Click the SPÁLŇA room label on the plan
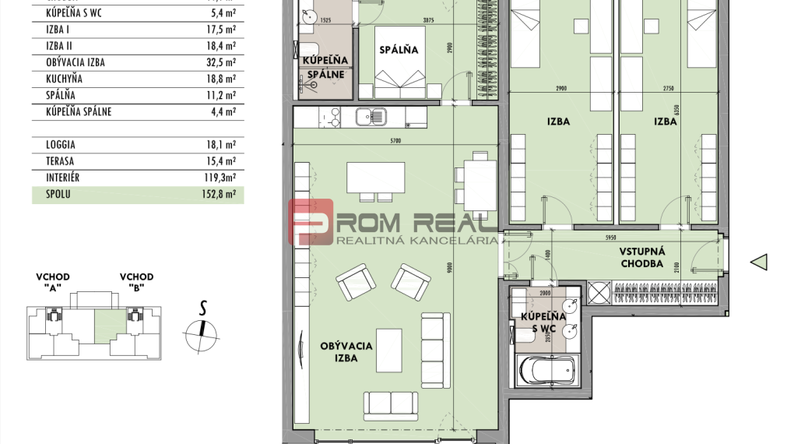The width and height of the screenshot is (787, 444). coord(399,50)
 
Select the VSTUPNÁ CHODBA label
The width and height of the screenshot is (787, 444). coord(641,258)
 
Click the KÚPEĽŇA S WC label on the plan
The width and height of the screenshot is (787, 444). coord(543,322)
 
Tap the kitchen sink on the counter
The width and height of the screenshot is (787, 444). coord(368,118)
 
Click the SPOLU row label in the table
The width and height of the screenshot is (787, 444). coord(58,195)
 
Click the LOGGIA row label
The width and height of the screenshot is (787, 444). coord(61,145)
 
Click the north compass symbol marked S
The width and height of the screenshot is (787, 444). coord(202,329)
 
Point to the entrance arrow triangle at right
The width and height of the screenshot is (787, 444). coord(759,263)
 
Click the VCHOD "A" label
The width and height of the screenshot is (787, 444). coord(52,281)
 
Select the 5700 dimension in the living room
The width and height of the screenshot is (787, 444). coord(395,141)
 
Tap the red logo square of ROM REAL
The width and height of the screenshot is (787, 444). coord(311,220)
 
